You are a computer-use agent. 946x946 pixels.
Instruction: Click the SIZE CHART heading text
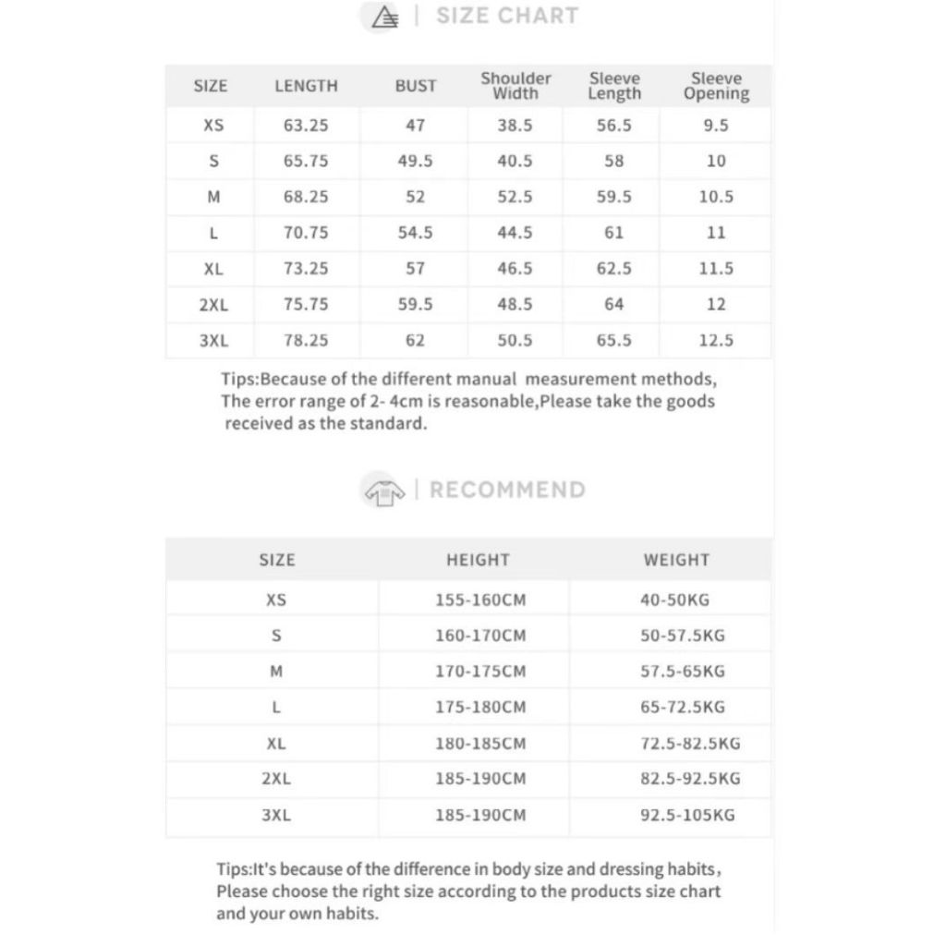(507, 16)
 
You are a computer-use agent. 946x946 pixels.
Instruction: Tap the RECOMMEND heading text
(507, 490)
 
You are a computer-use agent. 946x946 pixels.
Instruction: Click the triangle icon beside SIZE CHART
(384, 17)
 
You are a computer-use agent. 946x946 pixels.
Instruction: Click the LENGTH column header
(306, 86)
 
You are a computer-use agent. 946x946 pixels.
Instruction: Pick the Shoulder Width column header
(515, 86)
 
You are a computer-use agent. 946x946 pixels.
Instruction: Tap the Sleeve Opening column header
(716, 86)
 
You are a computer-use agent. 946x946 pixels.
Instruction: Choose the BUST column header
(416, 86)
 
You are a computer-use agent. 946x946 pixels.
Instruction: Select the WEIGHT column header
(676, 560)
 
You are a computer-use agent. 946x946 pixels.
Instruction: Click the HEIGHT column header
(478, 560)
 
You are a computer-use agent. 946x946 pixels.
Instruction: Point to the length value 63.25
(306, 126)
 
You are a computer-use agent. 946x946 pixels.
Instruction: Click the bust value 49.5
(416, 161)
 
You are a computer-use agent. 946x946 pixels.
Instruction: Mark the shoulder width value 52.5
(515, 197)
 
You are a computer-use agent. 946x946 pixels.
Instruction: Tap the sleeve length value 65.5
(614, 340)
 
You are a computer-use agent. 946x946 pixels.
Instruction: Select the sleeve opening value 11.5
(716, 269)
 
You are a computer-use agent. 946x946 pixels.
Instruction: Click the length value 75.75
(306, 304)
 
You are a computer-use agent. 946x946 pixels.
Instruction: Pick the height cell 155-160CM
(480, 600)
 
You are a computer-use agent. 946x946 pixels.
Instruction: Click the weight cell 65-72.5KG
(683, 707)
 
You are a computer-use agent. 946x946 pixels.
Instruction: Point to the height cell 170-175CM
(480, 672)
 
